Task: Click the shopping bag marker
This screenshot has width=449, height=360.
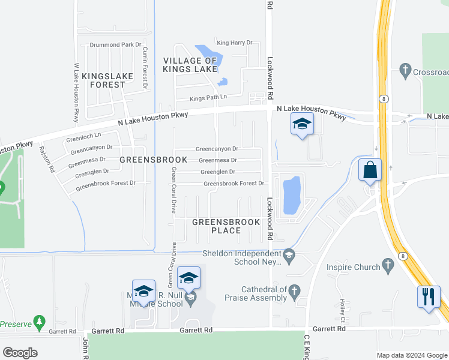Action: click(370, 170)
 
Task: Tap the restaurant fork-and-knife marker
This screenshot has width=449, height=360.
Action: click(429, 297)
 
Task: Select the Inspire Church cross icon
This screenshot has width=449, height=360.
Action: click(388, 266)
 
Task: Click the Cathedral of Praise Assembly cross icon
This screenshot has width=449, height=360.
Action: click(294, 292)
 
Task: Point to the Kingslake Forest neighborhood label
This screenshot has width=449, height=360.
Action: click(104, 80)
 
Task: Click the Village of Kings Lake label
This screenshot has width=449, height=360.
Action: click(190, 65)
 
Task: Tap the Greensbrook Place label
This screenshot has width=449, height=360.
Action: click(226, 226)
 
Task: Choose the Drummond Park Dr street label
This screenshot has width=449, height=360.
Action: click(115, 45)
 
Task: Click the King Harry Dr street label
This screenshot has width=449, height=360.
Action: click(235, 43)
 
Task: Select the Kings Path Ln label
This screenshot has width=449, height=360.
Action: click(208, 97)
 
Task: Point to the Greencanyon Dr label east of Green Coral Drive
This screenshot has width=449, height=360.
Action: click(217, 149)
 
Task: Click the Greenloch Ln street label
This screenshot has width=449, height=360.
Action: click(83, 136)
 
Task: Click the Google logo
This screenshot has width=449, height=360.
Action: click(20, 352)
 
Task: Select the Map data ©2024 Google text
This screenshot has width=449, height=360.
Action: click(411, 355)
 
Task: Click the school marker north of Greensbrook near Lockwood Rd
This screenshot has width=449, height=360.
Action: click(302, 125)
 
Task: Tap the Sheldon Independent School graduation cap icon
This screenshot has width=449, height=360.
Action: click(289, 256)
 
